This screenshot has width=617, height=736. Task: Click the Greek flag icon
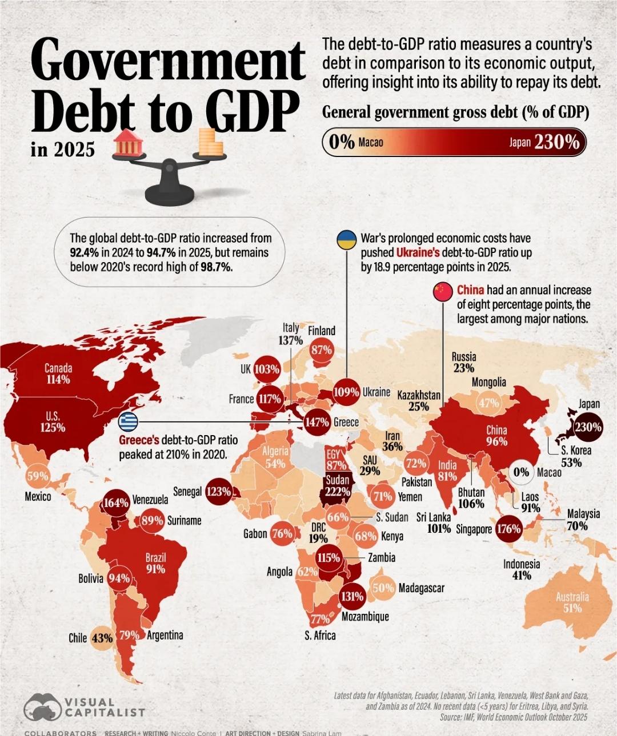tap(129, 423)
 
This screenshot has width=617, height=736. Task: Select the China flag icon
tap(443, 291)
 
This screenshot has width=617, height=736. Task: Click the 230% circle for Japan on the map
tap(588, 427)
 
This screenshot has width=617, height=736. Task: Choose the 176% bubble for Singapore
tap(508, 529)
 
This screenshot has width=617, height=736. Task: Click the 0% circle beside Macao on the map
tap(521, 472)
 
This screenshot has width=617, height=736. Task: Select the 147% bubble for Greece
tap(316, 423)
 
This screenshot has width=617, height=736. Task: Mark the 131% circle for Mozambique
tap(351, 597)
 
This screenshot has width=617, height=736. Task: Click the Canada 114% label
tap(58, 374)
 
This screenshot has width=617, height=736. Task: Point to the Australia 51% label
tap(572, 602)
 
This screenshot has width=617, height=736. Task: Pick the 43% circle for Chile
tap(102, 638)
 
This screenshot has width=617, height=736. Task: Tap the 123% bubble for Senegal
tap(218, 492)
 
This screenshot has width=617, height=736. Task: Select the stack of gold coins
tap(210, 143)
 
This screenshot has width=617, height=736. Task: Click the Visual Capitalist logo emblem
tap(42, 707)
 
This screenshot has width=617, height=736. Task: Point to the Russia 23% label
tap(463, 363)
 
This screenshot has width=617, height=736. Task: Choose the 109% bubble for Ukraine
tap(346, 393)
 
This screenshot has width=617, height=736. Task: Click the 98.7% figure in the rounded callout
tap(217, 267)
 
